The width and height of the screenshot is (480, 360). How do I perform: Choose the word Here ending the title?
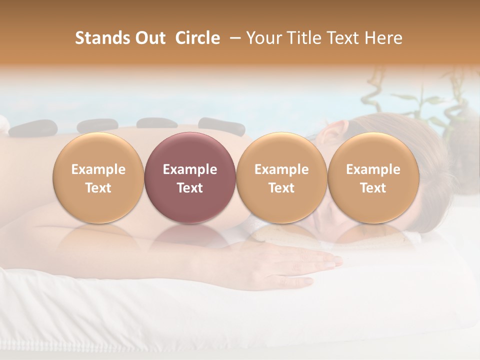(x=382, y=38)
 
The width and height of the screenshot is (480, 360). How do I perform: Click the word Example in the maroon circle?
(x=189, y=169)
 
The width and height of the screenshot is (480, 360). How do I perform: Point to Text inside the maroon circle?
(x=189, y=188)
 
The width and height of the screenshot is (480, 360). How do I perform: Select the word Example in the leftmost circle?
(x=98, y=169)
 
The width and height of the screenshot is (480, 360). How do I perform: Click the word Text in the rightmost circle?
(x=373, y=188)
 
